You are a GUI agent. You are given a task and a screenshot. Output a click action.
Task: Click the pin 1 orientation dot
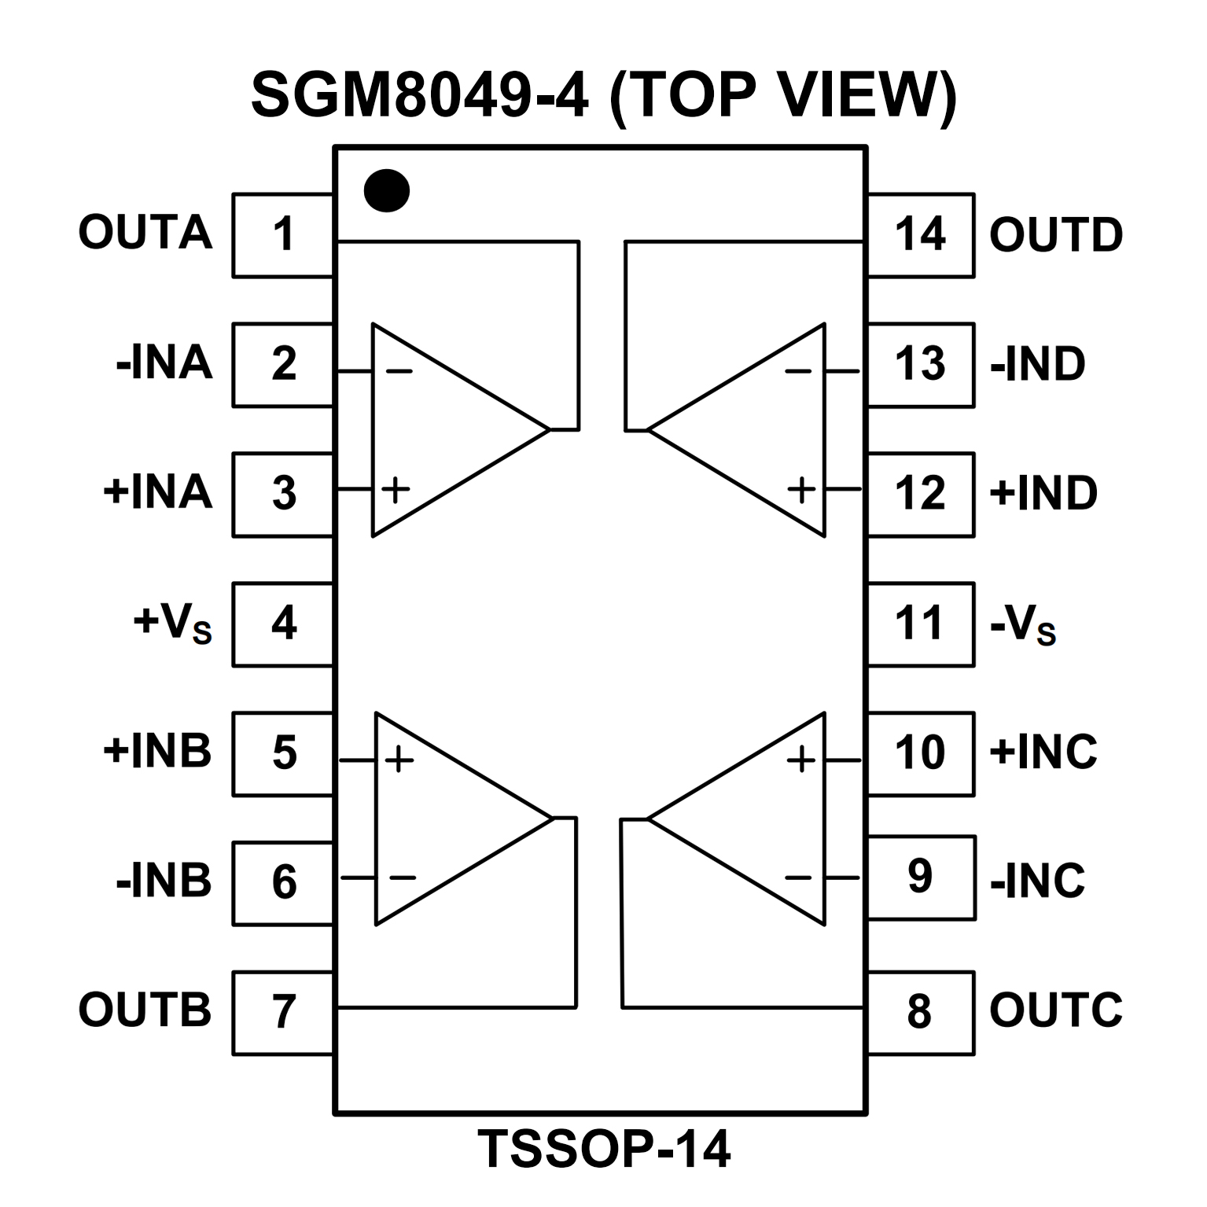tap(387, 190)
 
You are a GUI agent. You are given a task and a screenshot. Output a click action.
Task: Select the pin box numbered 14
tap(920, 234)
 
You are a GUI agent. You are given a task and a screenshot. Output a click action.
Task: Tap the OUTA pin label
tap(145, 233)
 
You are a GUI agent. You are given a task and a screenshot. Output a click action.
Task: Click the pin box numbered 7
tap(283, 1012)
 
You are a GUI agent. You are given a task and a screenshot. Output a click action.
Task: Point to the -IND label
tap(1038, 364)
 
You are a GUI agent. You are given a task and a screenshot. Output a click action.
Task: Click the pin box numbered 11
tap(920, 624)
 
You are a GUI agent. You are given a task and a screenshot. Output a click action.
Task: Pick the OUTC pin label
tap(1055, 1010)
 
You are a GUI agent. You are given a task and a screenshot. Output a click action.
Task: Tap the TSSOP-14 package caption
tap(604, 1150)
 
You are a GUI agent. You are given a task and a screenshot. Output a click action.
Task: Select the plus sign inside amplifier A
tap(396, 490)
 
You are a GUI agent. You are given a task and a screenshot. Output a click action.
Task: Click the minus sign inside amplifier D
tap(798, 370)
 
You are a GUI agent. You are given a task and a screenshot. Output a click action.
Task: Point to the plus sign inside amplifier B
tap(399, 760)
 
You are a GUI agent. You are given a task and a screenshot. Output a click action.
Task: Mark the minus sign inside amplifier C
tap(798, 877)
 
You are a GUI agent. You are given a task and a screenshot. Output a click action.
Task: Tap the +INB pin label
tap(157, 751)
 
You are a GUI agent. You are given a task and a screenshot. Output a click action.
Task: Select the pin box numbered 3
tap(283, 494)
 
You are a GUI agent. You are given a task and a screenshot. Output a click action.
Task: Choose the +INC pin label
tap(1043, 752)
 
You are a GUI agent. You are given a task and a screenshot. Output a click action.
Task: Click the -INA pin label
tap(164, 363)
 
